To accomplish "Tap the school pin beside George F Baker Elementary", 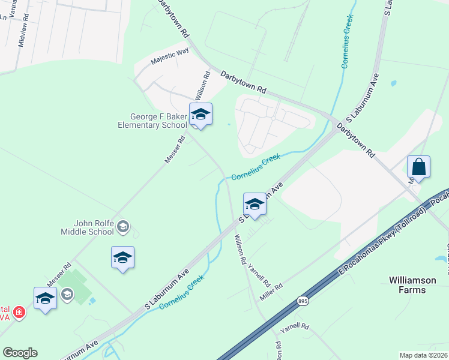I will (x=200, y=115).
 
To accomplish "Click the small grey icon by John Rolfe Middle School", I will (x=123, y=226).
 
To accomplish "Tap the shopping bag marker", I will (x=418, y=167).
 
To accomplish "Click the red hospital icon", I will (x=19, y=313).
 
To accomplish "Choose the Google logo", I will (x=20, y=353).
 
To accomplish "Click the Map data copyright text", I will (x=423, y=355).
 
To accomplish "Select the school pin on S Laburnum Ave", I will (x=254, y=205).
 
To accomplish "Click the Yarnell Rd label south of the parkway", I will (x=297, y=327).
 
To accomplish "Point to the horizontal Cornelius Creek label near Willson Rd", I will (x=256, y=167).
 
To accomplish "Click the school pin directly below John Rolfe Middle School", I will (x=122, y=258).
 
